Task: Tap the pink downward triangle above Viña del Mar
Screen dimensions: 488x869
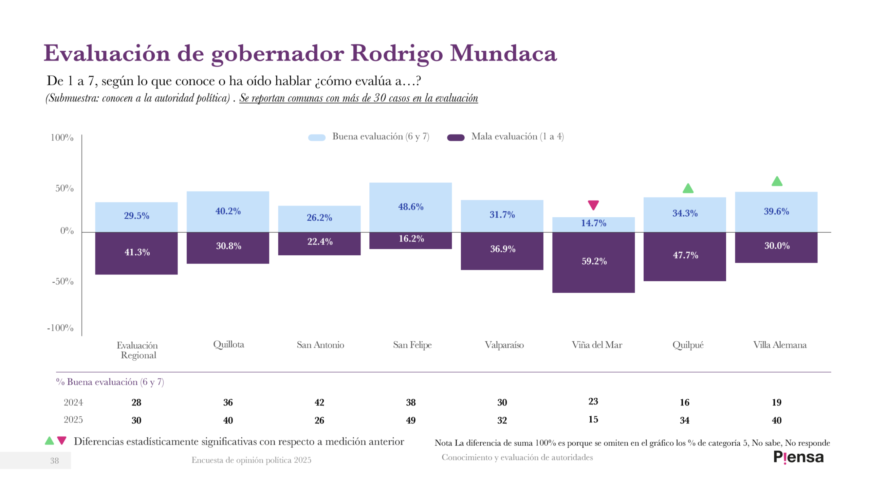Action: click(593, 204)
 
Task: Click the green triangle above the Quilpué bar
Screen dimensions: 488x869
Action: click(688, 188)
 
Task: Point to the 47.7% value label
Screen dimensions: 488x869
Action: click(685, 255)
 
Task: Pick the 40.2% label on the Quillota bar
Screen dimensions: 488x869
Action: click(228, 211)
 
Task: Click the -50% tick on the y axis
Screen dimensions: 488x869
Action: click(63, 281)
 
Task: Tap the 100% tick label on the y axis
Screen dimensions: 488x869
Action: click(62, 138)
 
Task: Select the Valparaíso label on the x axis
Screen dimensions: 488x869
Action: click(504, 345)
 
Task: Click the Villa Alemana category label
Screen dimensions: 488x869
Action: click(780, 345)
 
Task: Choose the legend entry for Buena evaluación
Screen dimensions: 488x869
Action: click(380, 137)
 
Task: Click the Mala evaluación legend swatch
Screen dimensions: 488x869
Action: click(456, 138)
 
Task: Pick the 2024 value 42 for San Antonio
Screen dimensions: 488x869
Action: click(319, 402)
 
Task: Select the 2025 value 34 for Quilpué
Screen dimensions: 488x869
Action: click(684, 420)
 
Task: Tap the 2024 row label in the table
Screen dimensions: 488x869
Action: click(73, 402)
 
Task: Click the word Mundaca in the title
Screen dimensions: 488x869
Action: click(503, 53)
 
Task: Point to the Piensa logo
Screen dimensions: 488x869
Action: click(798, 457)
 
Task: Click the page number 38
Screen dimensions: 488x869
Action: click(54, 460)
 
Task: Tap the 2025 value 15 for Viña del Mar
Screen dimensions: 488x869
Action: click(593, 419)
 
